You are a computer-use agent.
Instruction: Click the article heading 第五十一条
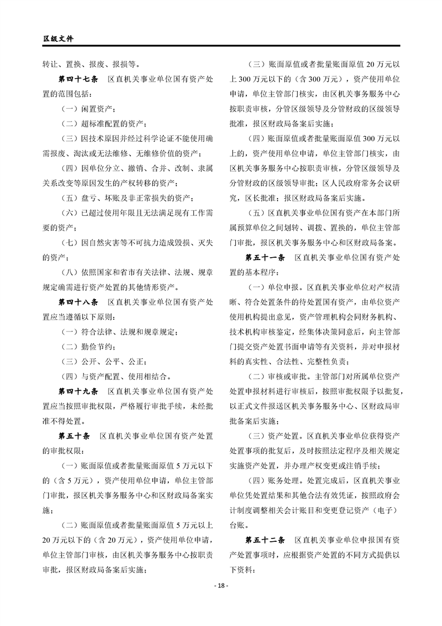[265, 259]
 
